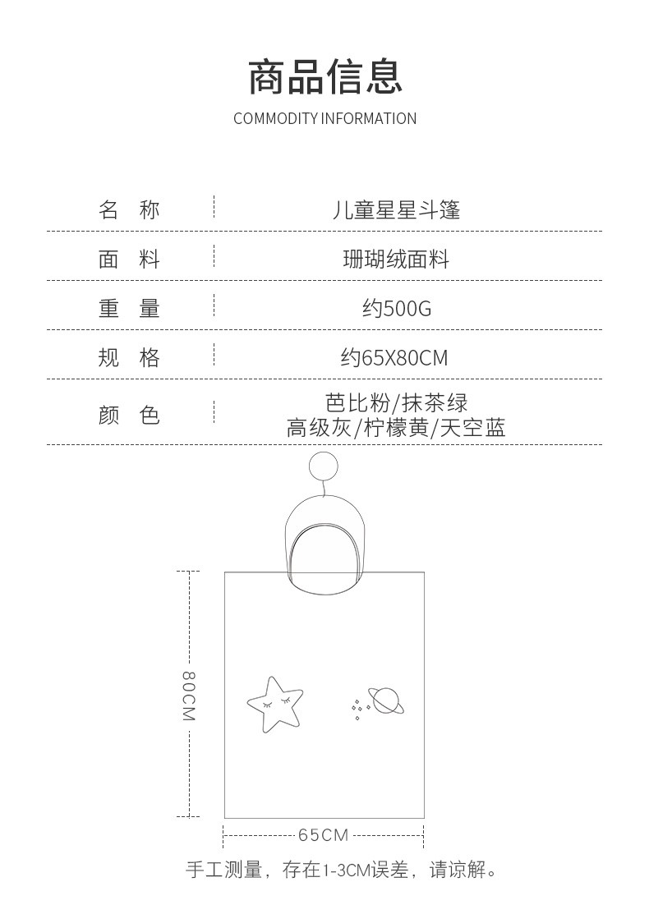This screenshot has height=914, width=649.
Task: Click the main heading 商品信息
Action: click(324, 77)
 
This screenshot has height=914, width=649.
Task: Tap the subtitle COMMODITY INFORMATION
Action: click(324, 118)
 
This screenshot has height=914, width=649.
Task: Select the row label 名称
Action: click(129, 209)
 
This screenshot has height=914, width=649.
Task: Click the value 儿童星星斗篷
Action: click(396, 210)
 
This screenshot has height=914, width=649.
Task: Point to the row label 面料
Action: click(129, 259)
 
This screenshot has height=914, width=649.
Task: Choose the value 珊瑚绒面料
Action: click(396, 259)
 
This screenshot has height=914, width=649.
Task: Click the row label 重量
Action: click(129, 308)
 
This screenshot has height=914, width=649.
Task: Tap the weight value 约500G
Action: click(397, 308)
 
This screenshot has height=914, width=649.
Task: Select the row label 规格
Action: click(129, 356)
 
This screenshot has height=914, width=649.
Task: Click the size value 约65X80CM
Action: click(395, 357)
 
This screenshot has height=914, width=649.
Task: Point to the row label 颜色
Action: click(129, 415)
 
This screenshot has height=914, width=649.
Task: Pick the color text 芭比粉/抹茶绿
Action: click(397, 402)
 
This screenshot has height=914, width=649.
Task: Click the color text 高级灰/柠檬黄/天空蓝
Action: click(396, 428)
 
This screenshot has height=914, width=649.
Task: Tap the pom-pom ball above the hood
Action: click(323, 466)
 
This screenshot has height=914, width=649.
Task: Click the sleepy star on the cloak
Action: click(275, 704)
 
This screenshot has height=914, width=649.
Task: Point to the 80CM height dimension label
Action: click(189, 696)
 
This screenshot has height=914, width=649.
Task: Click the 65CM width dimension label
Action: click(323, 834)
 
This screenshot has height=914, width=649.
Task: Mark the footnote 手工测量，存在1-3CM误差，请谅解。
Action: click(342, 870)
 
